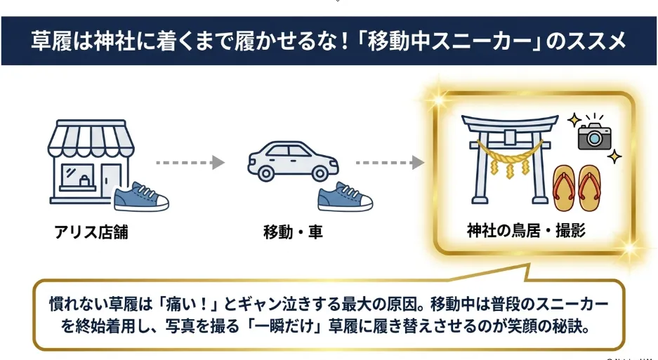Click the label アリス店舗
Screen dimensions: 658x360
(x=91, y=232)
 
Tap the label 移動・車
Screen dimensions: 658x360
(x=293, y=232)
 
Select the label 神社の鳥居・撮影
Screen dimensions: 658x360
(x=526, y=230)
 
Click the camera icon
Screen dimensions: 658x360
(x=595, y=135)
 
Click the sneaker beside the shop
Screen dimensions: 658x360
(x=141, y=196)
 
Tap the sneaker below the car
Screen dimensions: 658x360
(x=345, y=196)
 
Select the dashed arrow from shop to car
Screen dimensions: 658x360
(x=190, y=162)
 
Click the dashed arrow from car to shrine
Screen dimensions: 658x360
(x=390, y=162)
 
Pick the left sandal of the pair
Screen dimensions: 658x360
(x=564, y=187)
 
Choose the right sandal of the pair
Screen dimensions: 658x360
(x=590, y=187)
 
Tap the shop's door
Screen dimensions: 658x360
(x=110, y=180)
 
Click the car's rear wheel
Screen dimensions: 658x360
(x=266, y=173)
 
